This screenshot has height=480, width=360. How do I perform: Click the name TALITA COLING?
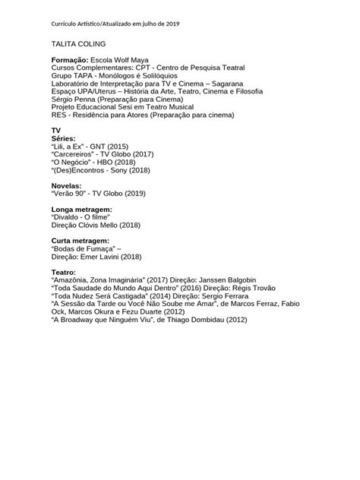click(79, 45)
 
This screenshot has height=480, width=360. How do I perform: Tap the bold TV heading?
click(55, 131)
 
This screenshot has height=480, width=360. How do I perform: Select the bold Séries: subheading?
click(64, 139)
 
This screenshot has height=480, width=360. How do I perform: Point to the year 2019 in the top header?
click(179, 24)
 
